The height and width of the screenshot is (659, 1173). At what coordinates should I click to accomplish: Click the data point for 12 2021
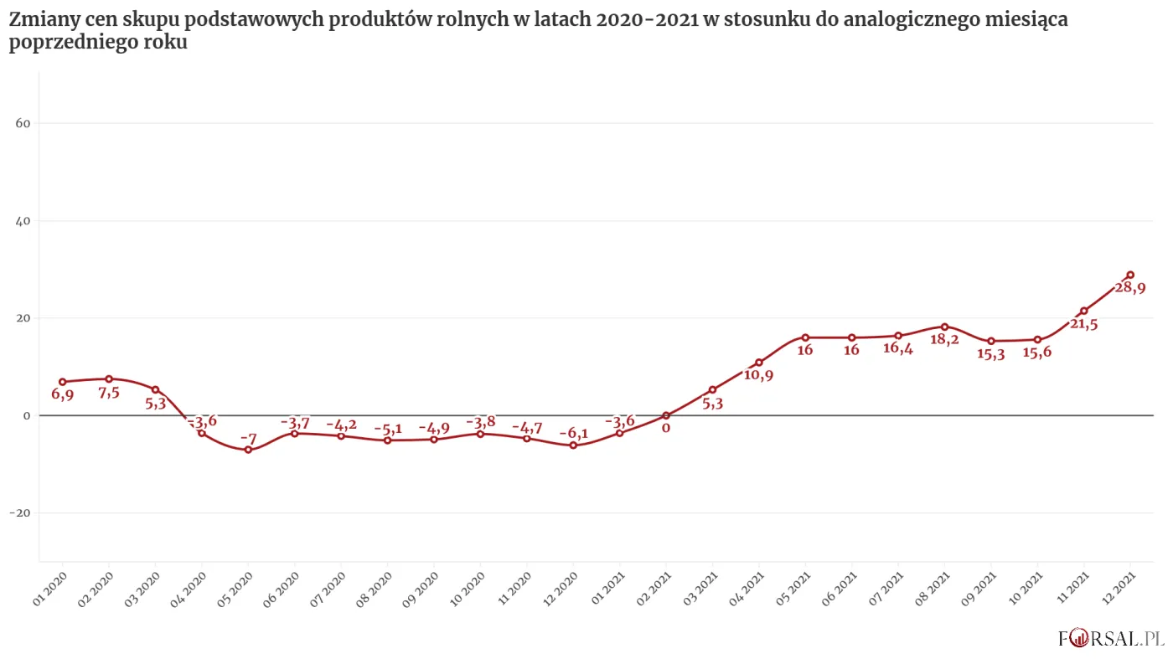(1130, 275)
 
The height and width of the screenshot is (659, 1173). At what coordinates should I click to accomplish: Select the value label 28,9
(1130, 288)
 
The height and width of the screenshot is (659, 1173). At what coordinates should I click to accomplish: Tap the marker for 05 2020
(248, 450)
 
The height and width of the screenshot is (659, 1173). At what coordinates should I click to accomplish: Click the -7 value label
(248, 438)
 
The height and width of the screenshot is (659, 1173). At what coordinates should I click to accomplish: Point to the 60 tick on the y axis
(23, 124)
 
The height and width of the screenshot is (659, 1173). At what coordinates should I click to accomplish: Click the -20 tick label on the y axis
(20, 513)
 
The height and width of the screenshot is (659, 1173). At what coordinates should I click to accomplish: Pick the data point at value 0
(666, 415)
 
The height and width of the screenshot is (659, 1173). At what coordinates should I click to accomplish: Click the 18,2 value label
(944, 340)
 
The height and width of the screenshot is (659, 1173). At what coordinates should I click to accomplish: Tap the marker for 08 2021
(944, 327)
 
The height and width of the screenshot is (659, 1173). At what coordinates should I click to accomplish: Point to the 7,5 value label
(109, 392)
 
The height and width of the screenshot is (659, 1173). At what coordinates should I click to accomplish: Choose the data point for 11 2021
(1083, 311)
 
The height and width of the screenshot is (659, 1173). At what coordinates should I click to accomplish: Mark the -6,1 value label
(574, 433)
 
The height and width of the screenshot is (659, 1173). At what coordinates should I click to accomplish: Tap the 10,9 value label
(758, 375)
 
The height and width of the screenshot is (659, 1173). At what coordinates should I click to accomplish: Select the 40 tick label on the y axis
(23, 221)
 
